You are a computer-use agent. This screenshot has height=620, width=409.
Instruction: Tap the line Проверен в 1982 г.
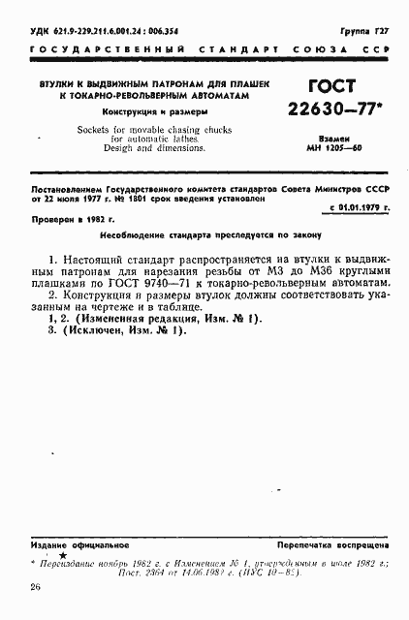pyautogui.click(x=68, y=220)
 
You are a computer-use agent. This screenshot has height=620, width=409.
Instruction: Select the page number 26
pyautogui.click(x=35, y=588)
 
